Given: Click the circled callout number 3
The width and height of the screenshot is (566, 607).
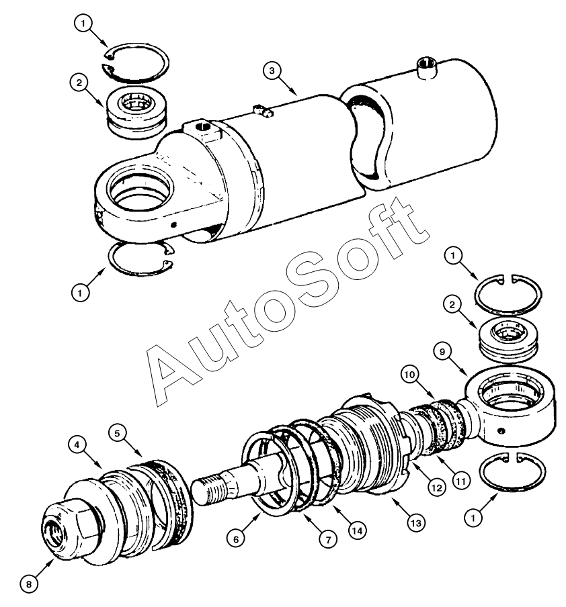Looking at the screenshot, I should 271,70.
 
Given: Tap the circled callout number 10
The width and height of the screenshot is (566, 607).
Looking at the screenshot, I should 411,373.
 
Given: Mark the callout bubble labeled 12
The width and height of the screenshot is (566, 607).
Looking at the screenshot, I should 438,488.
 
